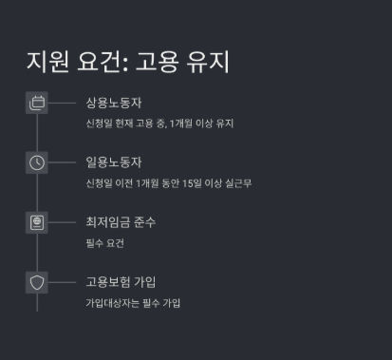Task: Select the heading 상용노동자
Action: tap(114, 103)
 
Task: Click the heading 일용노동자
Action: tap(114, 162)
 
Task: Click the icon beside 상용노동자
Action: tap(37, 103)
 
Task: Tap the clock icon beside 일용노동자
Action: tap(37, 162)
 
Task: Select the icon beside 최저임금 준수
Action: tap(37, 222)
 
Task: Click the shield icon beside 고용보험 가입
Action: tap(37, 282)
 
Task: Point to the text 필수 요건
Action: tap(104, 243)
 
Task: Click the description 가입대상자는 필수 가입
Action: tap(133, 303)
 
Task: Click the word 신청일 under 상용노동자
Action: tap(98, 123)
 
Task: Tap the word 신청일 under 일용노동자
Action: tap(98, 183)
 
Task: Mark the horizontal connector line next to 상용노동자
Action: tap(62, 103)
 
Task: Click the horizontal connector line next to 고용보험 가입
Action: tap(62, 282)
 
